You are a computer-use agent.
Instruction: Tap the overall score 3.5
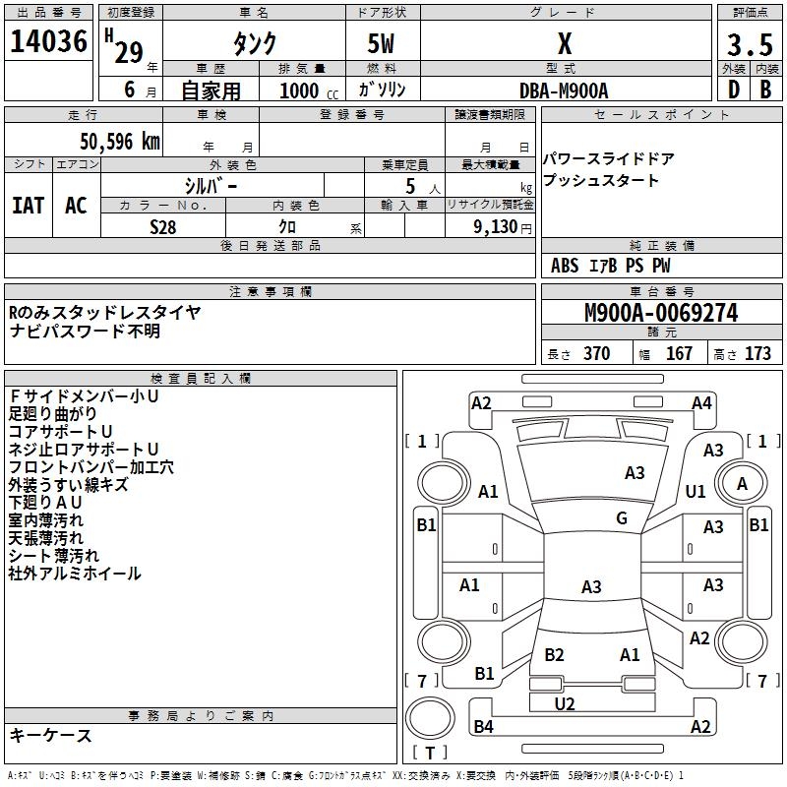pyautogui.click(x=749, y=45)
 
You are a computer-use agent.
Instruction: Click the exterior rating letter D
pyautogui.click(x=733, y=90)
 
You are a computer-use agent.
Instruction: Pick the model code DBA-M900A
pyautogui.click(x=564, y=91)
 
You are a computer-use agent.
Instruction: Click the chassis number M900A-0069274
pyautogui.click(x=660, y=314)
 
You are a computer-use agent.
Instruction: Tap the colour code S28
pyautogui.click(x=162, y=227)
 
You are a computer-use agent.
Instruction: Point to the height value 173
pyautogui.click(x=757, y=354)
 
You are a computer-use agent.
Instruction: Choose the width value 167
pyautogui.click(x=679, y=354)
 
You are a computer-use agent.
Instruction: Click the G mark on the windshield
pyautogui.click(x=622, y=518)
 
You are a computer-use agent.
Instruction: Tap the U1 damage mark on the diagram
pyautogui.click(x=696, y=491)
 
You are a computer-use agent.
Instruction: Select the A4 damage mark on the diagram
pyautogui.click(x=700, y=403)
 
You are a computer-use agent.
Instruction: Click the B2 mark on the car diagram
pyautogui.click(x=554, y=655)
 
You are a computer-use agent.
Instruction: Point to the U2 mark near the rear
pyautogui.click(x=565, y=703)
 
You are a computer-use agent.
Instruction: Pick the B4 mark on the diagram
pyautogui.click(x=483, y=727)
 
